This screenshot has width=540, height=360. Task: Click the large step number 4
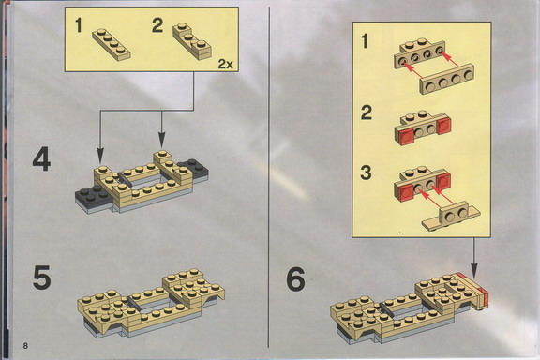pos(41,159)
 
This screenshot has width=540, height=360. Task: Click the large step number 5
pos(42,277)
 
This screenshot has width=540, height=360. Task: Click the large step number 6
pos(296,279)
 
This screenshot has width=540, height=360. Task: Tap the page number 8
pos(25,346)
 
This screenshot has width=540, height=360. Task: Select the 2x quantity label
pos(226,64)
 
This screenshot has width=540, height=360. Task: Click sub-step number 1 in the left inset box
pos(79,26)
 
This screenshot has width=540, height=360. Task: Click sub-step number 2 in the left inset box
pos(157,25)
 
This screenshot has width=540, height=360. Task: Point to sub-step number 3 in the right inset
pos(366,172)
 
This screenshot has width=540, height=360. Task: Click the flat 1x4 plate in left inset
pos(112,45)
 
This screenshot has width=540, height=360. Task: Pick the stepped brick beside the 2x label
pos(192,41)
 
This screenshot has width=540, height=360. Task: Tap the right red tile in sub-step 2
pos(443,126)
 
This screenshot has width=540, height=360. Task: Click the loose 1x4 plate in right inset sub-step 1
pos(446,79)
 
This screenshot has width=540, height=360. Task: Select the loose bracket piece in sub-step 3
pos(452,217)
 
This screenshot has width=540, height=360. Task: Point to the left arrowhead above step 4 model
pos(100,155)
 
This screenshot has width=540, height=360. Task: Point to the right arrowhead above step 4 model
pos(162,141)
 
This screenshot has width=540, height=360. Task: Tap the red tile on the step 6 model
pos(484,297)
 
